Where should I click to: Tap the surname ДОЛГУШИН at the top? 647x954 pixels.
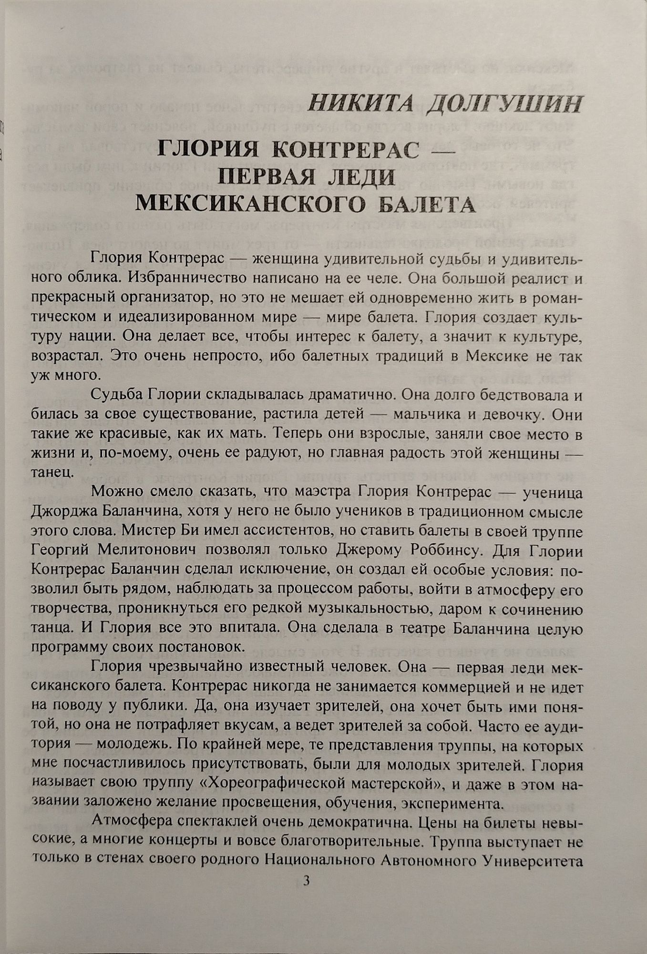click(504, 104)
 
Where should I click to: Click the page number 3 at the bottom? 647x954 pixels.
click(307, 881)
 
